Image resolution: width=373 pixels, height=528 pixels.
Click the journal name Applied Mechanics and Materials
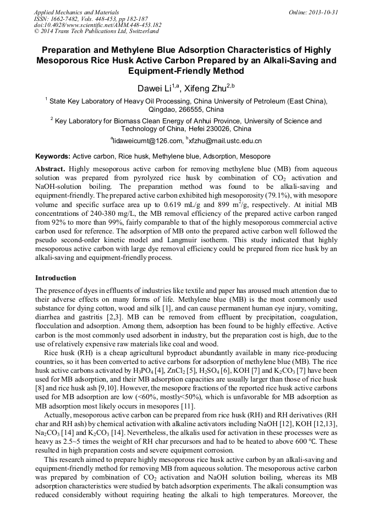pyautogui.click(x=69, y=12)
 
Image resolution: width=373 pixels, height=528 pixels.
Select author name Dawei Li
pyautogui.click(x=153, y=88)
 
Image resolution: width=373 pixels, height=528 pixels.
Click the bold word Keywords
pyautogui.click(x=52, y=156)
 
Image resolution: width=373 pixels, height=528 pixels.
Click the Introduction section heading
pyautogui.click(x=56, y=277)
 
